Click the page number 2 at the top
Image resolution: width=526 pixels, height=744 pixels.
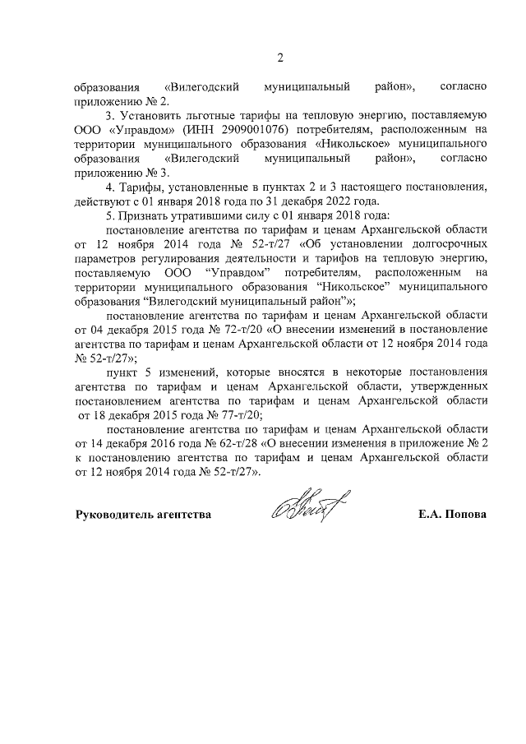pos(279,57)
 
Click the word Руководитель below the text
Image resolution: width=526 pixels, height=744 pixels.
pos(113,515)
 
